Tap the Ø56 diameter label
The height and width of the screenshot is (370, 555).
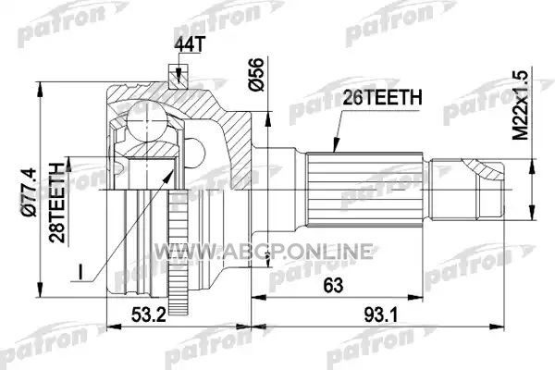[256, 74]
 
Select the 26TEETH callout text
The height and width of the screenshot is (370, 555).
[382, 97]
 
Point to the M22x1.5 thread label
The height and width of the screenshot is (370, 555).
[520, 105]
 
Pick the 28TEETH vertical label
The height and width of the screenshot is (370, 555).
[57, 203]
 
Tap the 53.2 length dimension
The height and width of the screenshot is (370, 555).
[149, 314]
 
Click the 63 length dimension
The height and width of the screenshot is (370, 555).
[333, 285]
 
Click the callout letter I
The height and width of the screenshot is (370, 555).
[80, 272]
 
